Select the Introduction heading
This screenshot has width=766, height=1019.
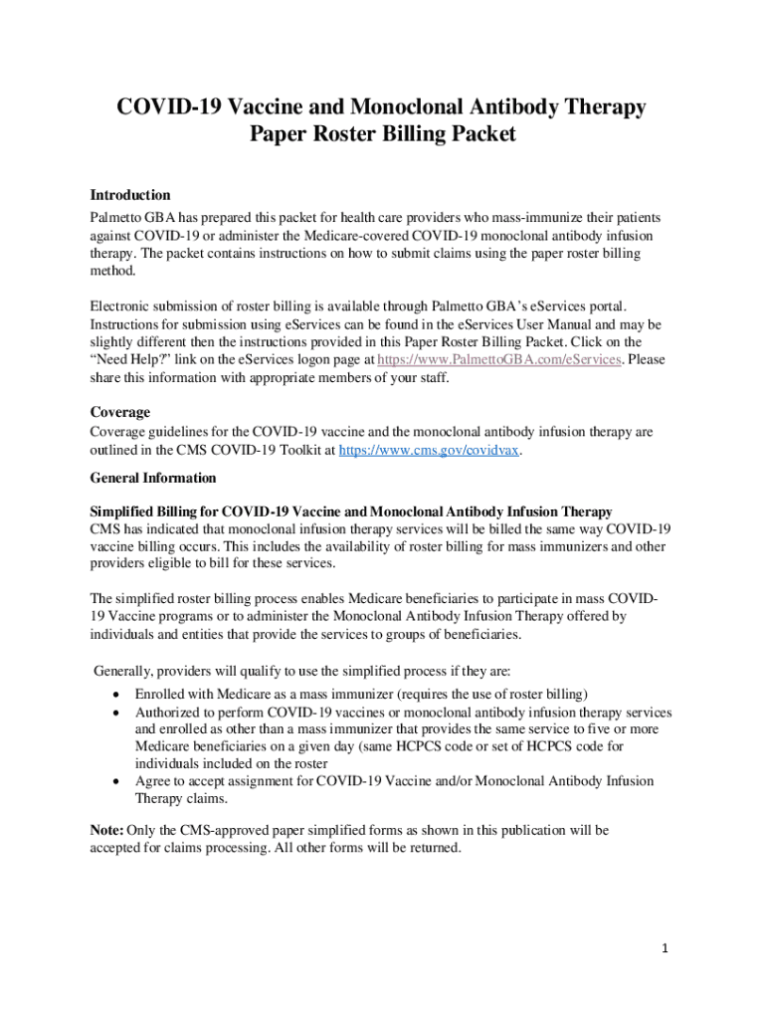tap(130, 195)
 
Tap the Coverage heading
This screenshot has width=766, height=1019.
tap(120, 411)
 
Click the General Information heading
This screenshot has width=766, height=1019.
tap(152, 478)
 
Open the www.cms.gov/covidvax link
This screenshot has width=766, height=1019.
tap(430, 450)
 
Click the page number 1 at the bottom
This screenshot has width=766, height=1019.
tap(666, 948)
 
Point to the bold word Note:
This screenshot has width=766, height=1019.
tap(106, 830)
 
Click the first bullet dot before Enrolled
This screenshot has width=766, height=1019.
tap(118, 694)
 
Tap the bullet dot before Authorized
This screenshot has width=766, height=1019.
tap(118, 713)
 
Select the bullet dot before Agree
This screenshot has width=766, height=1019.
tap(118, 781)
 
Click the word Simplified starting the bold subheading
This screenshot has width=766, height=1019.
tap(126, 511)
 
